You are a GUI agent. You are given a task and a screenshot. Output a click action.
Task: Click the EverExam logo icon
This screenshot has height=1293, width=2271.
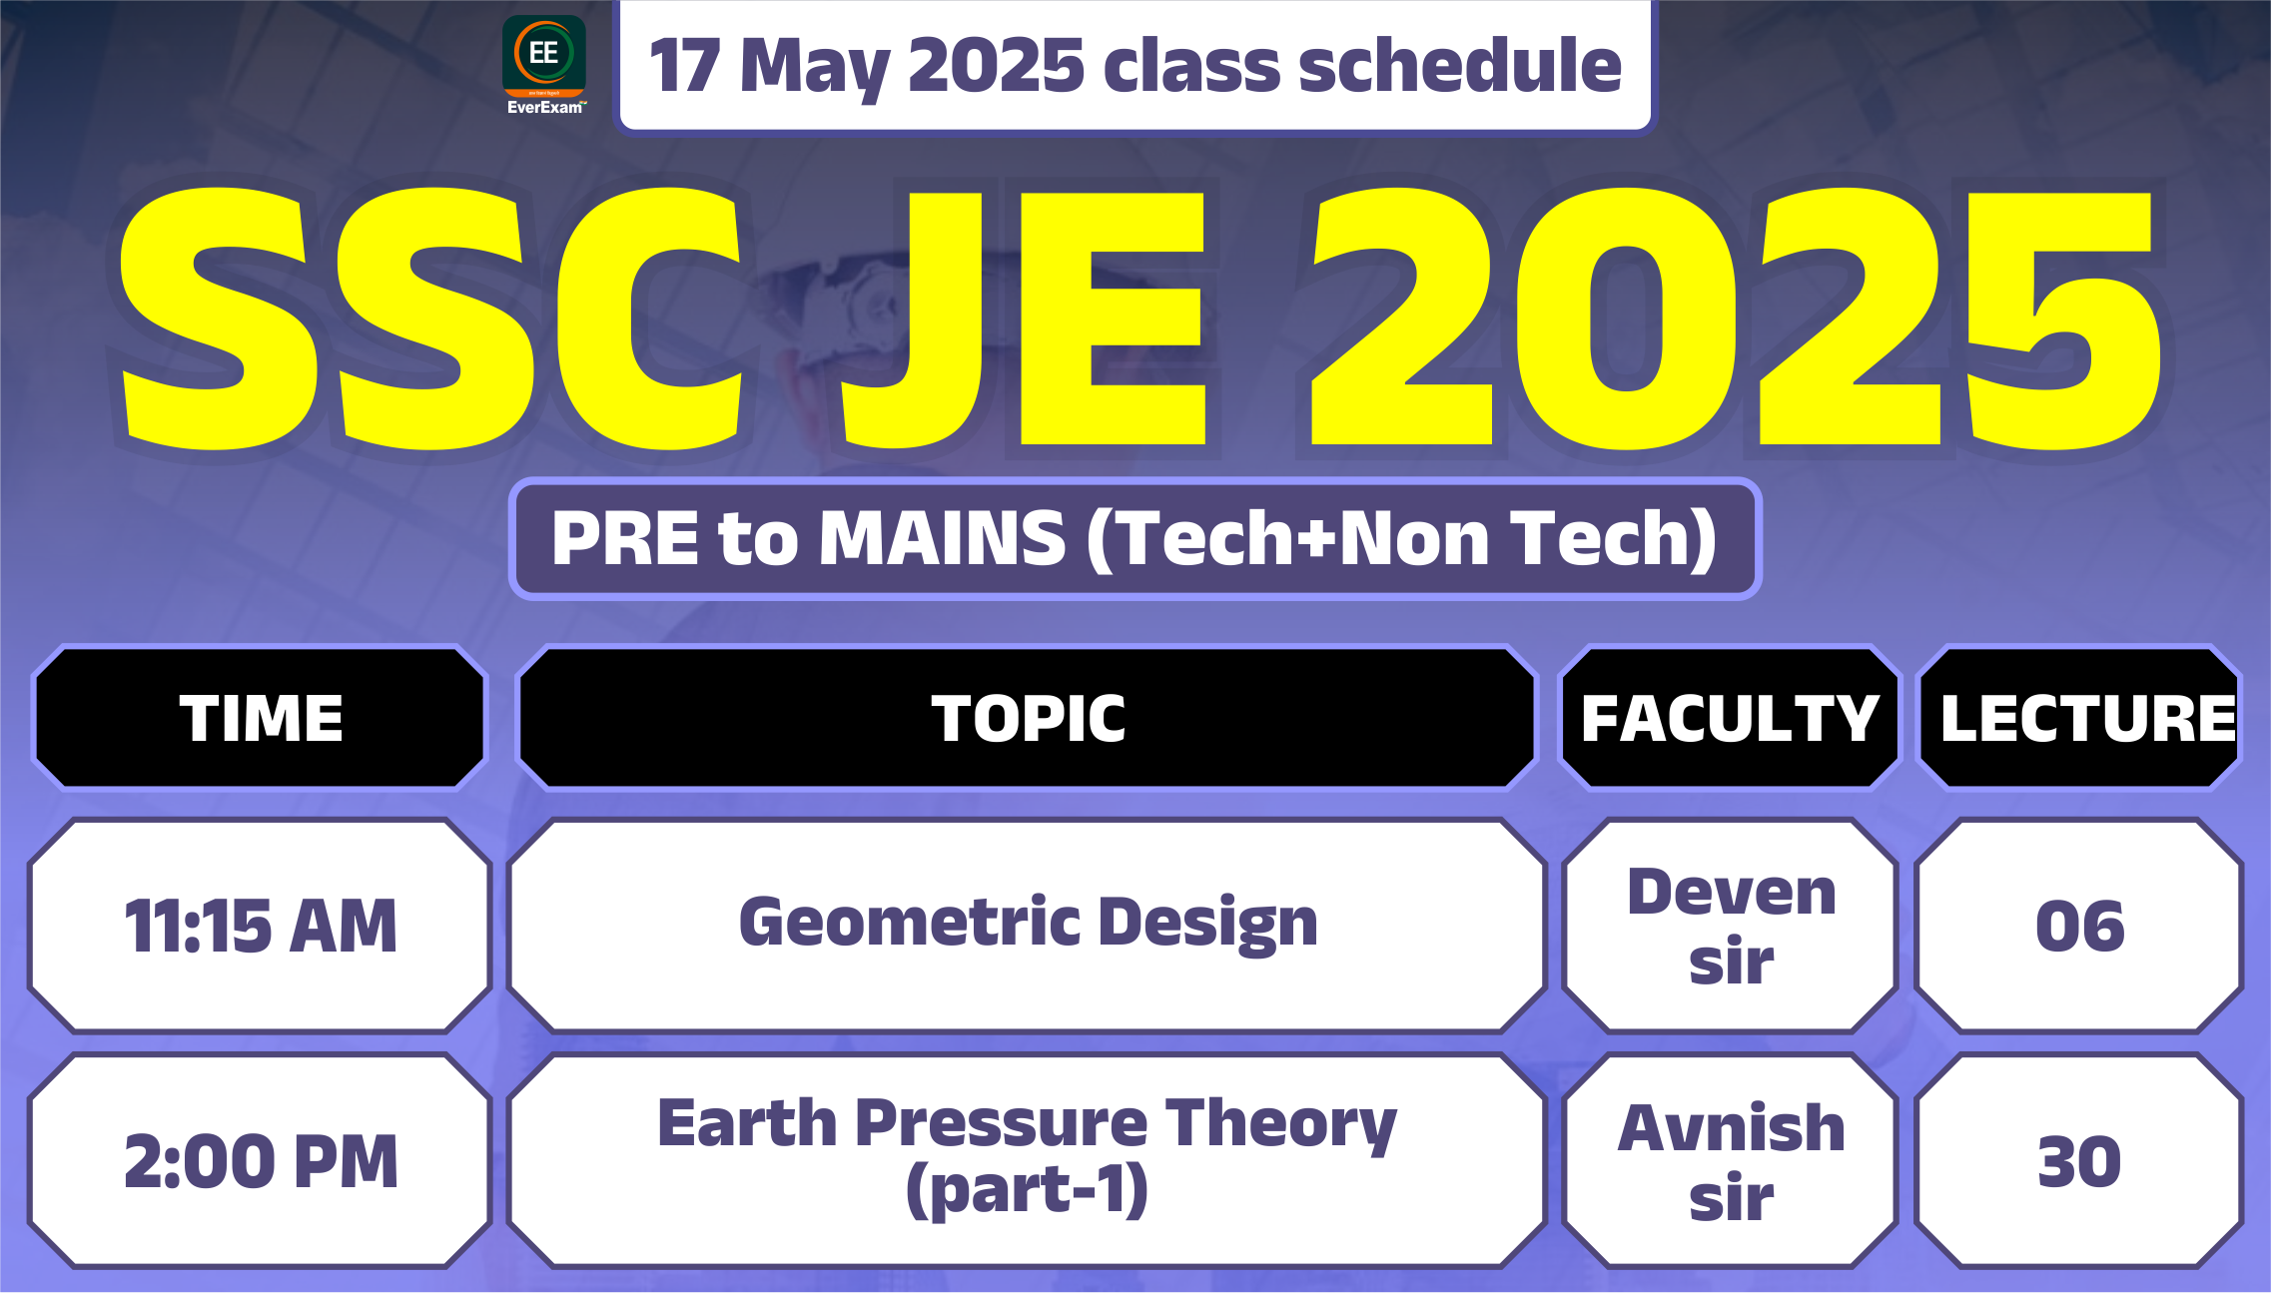(x=544, y=64)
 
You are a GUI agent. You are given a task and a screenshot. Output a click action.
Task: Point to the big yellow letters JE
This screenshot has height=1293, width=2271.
(x=1025, y=317)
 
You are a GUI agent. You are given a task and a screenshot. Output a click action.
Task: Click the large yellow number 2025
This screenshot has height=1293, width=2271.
(x=1736, y=317)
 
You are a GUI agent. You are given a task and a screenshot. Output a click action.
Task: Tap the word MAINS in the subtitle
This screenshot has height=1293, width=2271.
(x=943, y=538)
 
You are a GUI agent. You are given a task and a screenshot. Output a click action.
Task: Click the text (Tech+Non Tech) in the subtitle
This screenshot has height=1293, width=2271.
(x=1401, y=539)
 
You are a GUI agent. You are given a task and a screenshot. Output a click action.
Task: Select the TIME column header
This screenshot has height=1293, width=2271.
(x=261, y=718)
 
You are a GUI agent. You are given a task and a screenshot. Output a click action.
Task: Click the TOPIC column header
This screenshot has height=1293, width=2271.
(x=1028, y=718)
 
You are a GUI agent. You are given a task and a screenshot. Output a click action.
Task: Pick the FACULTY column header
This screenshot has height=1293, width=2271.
(x=1730, y=718)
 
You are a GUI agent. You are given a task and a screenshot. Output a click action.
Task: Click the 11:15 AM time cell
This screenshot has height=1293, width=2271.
(x=261, y=926)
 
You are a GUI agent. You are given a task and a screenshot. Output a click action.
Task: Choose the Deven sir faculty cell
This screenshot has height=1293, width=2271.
(x=1731, y=926)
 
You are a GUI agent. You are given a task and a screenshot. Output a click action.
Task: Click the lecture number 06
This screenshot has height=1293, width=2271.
(x=2080, y=926)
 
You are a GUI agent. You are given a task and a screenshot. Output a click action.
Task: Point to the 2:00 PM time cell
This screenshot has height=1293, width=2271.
(x=261, y=1161)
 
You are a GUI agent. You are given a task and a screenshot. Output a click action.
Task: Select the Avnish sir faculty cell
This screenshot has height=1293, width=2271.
(x=1731, y=1161)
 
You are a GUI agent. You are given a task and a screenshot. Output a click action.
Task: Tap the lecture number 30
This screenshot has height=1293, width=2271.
(x=2080, y=1161)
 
